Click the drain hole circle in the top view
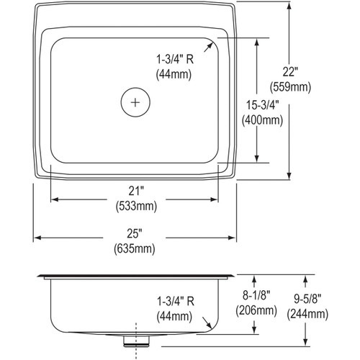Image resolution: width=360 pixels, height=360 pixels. click(135, 102)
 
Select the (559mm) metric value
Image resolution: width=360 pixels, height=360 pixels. click(289, 86)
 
